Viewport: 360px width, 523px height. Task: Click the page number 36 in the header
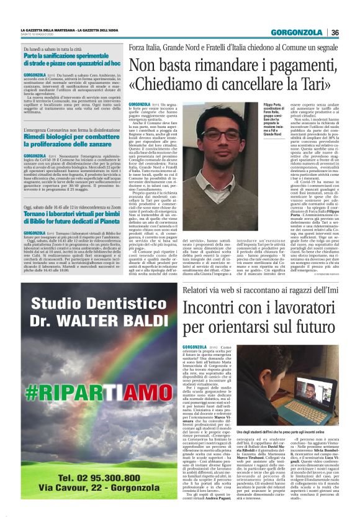335,32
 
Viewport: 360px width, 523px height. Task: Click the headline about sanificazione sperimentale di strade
72,59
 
